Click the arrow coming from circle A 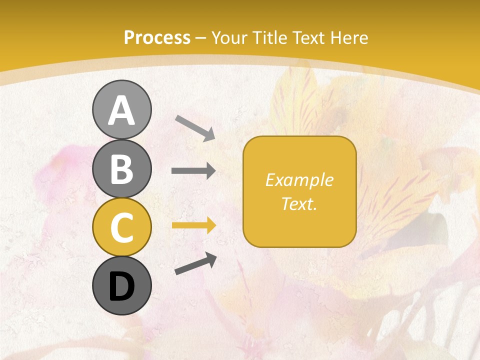[x=195, y=128]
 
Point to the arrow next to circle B [x=193, y=171]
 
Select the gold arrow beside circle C [x=193, y=225]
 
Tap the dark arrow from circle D [x=195, y=264]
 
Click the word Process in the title [x=157, y=38]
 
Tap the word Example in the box [x=299, y=180]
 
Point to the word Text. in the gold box [x=299, y=203]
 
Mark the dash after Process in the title [x=200, y=38]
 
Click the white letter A [x=121, y=111]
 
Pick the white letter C [x=121, y=227]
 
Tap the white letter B [x=121, y=169]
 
